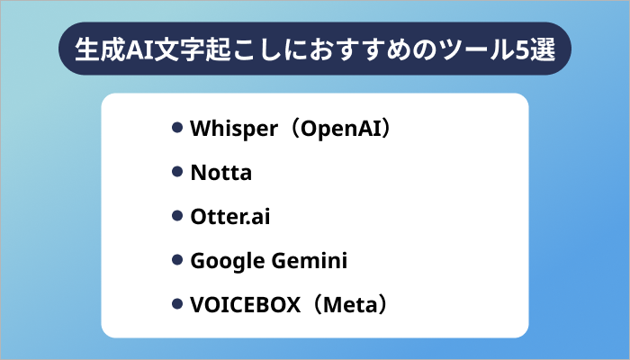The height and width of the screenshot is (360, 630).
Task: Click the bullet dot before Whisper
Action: pyautogui.click(x=177, y=128)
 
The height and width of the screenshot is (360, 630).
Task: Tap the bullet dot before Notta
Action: pyautogui.click(x=177, y=172)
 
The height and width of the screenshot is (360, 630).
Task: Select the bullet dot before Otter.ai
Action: pyautogui.click(x=177, y=216)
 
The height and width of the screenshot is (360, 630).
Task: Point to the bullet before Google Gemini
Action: pyautogui.click(x=177, y=260)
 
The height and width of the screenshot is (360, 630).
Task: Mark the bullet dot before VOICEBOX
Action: pyautogui.click(x=177, y=304)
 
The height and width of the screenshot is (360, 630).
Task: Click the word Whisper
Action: pyautogui.click(x=231, y=129)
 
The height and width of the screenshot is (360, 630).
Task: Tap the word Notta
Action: pyautogui.click(x=220, y=173)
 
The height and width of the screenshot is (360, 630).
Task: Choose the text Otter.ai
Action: pyautogui.click(x=229, y=217)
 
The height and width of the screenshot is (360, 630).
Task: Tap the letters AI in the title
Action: pyautogui.click(x=145, y=50)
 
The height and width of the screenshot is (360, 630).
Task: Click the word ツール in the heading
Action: pyautogui.click(x=479, y=50)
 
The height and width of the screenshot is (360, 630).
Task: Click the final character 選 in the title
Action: pyautogui.click(x=547, y=50)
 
